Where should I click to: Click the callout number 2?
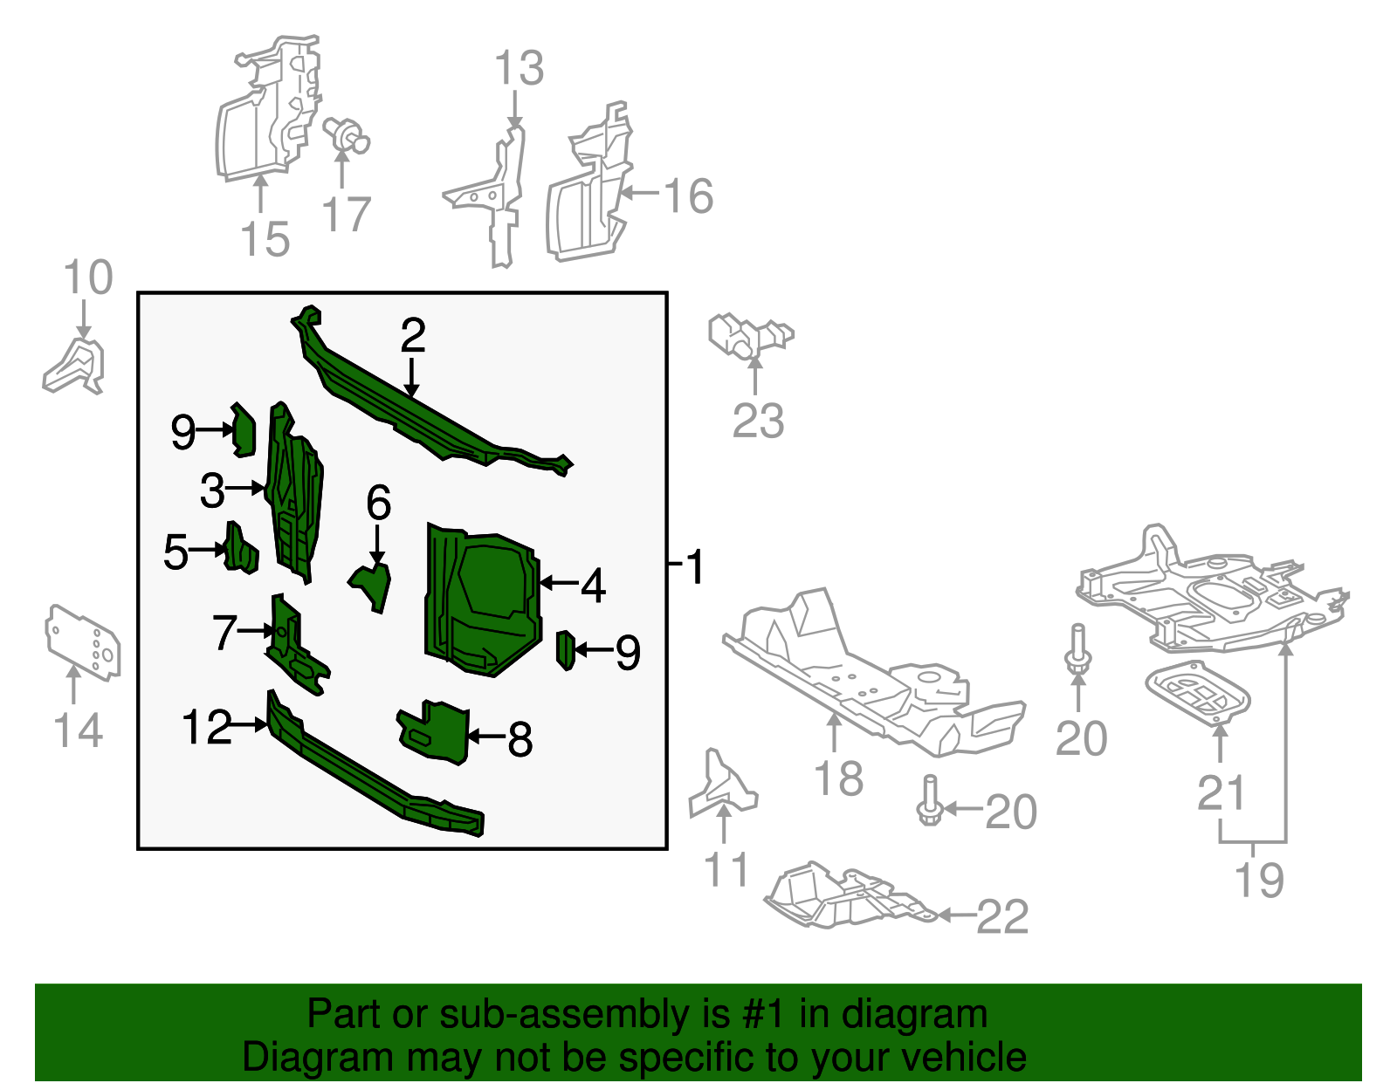[412, 336]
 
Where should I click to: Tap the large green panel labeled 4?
[480, 602]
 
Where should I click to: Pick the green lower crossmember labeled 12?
[367, 768]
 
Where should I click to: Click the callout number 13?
[519, 68]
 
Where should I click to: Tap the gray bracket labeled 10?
[77, 367]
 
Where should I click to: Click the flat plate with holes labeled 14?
[83, 641]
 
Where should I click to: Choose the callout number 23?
[758, 421]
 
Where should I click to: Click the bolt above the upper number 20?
[1077, 649]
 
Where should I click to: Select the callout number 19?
[1259, 880]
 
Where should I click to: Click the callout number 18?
[838, 778]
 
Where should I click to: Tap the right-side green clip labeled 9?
[565, 650]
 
